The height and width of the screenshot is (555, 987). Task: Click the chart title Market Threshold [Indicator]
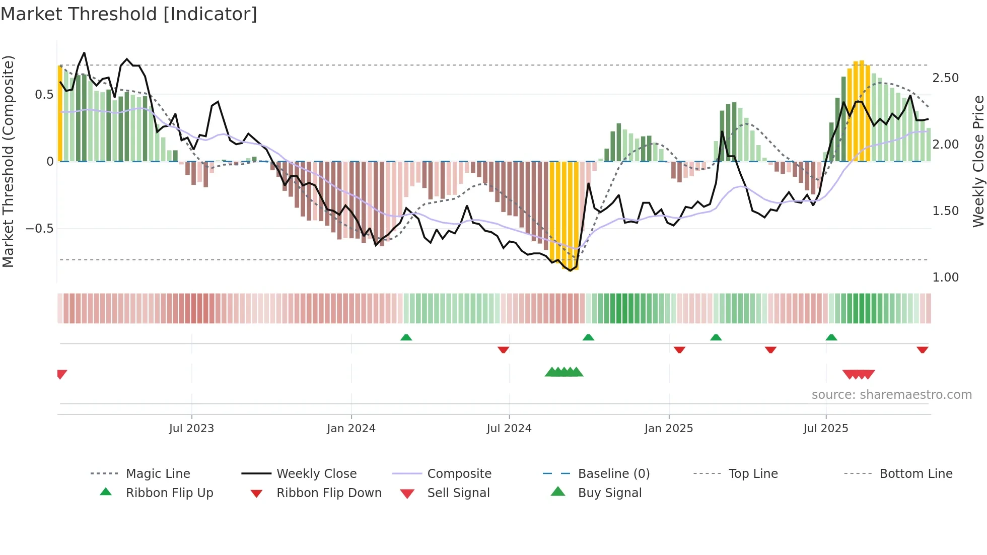pos(129,14)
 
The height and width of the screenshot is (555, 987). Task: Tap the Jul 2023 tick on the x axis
pos(191,429)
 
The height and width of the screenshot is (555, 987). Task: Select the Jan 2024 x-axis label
pos(351,429)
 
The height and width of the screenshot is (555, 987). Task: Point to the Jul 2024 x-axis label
pos(509,429)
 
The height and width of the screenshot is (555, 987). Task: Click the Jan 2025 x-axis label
pos(669,429)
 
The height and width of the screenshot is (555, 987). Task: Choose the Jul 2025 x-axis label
pos(826,429)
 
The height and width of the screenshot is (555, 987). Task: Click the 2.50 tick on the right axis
pos(945,78)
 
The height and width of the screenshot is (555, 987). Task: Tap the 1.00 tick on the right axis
pos(945,277)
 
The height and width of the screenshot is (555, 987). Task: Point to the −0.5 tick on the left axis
pos(39,229)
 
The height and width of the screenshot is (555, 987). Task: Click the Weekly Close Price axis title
pos(978,161)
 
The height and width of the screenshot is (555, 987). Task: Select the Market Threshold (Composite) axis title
pos(8,161)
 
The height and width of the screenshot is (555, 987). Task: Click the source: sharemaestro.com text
pos(891,395)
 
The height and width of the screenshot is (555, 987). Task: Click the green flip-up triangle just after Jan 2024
pos(406,337)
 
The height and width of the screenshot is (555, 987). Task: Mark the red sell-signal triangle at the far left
pos(61,374)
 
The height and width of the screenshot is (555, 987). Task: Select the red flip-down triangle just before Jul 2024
pos(503,350)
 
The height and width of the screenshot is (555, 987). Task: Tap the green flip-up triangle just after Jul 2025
pos(831,337)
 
